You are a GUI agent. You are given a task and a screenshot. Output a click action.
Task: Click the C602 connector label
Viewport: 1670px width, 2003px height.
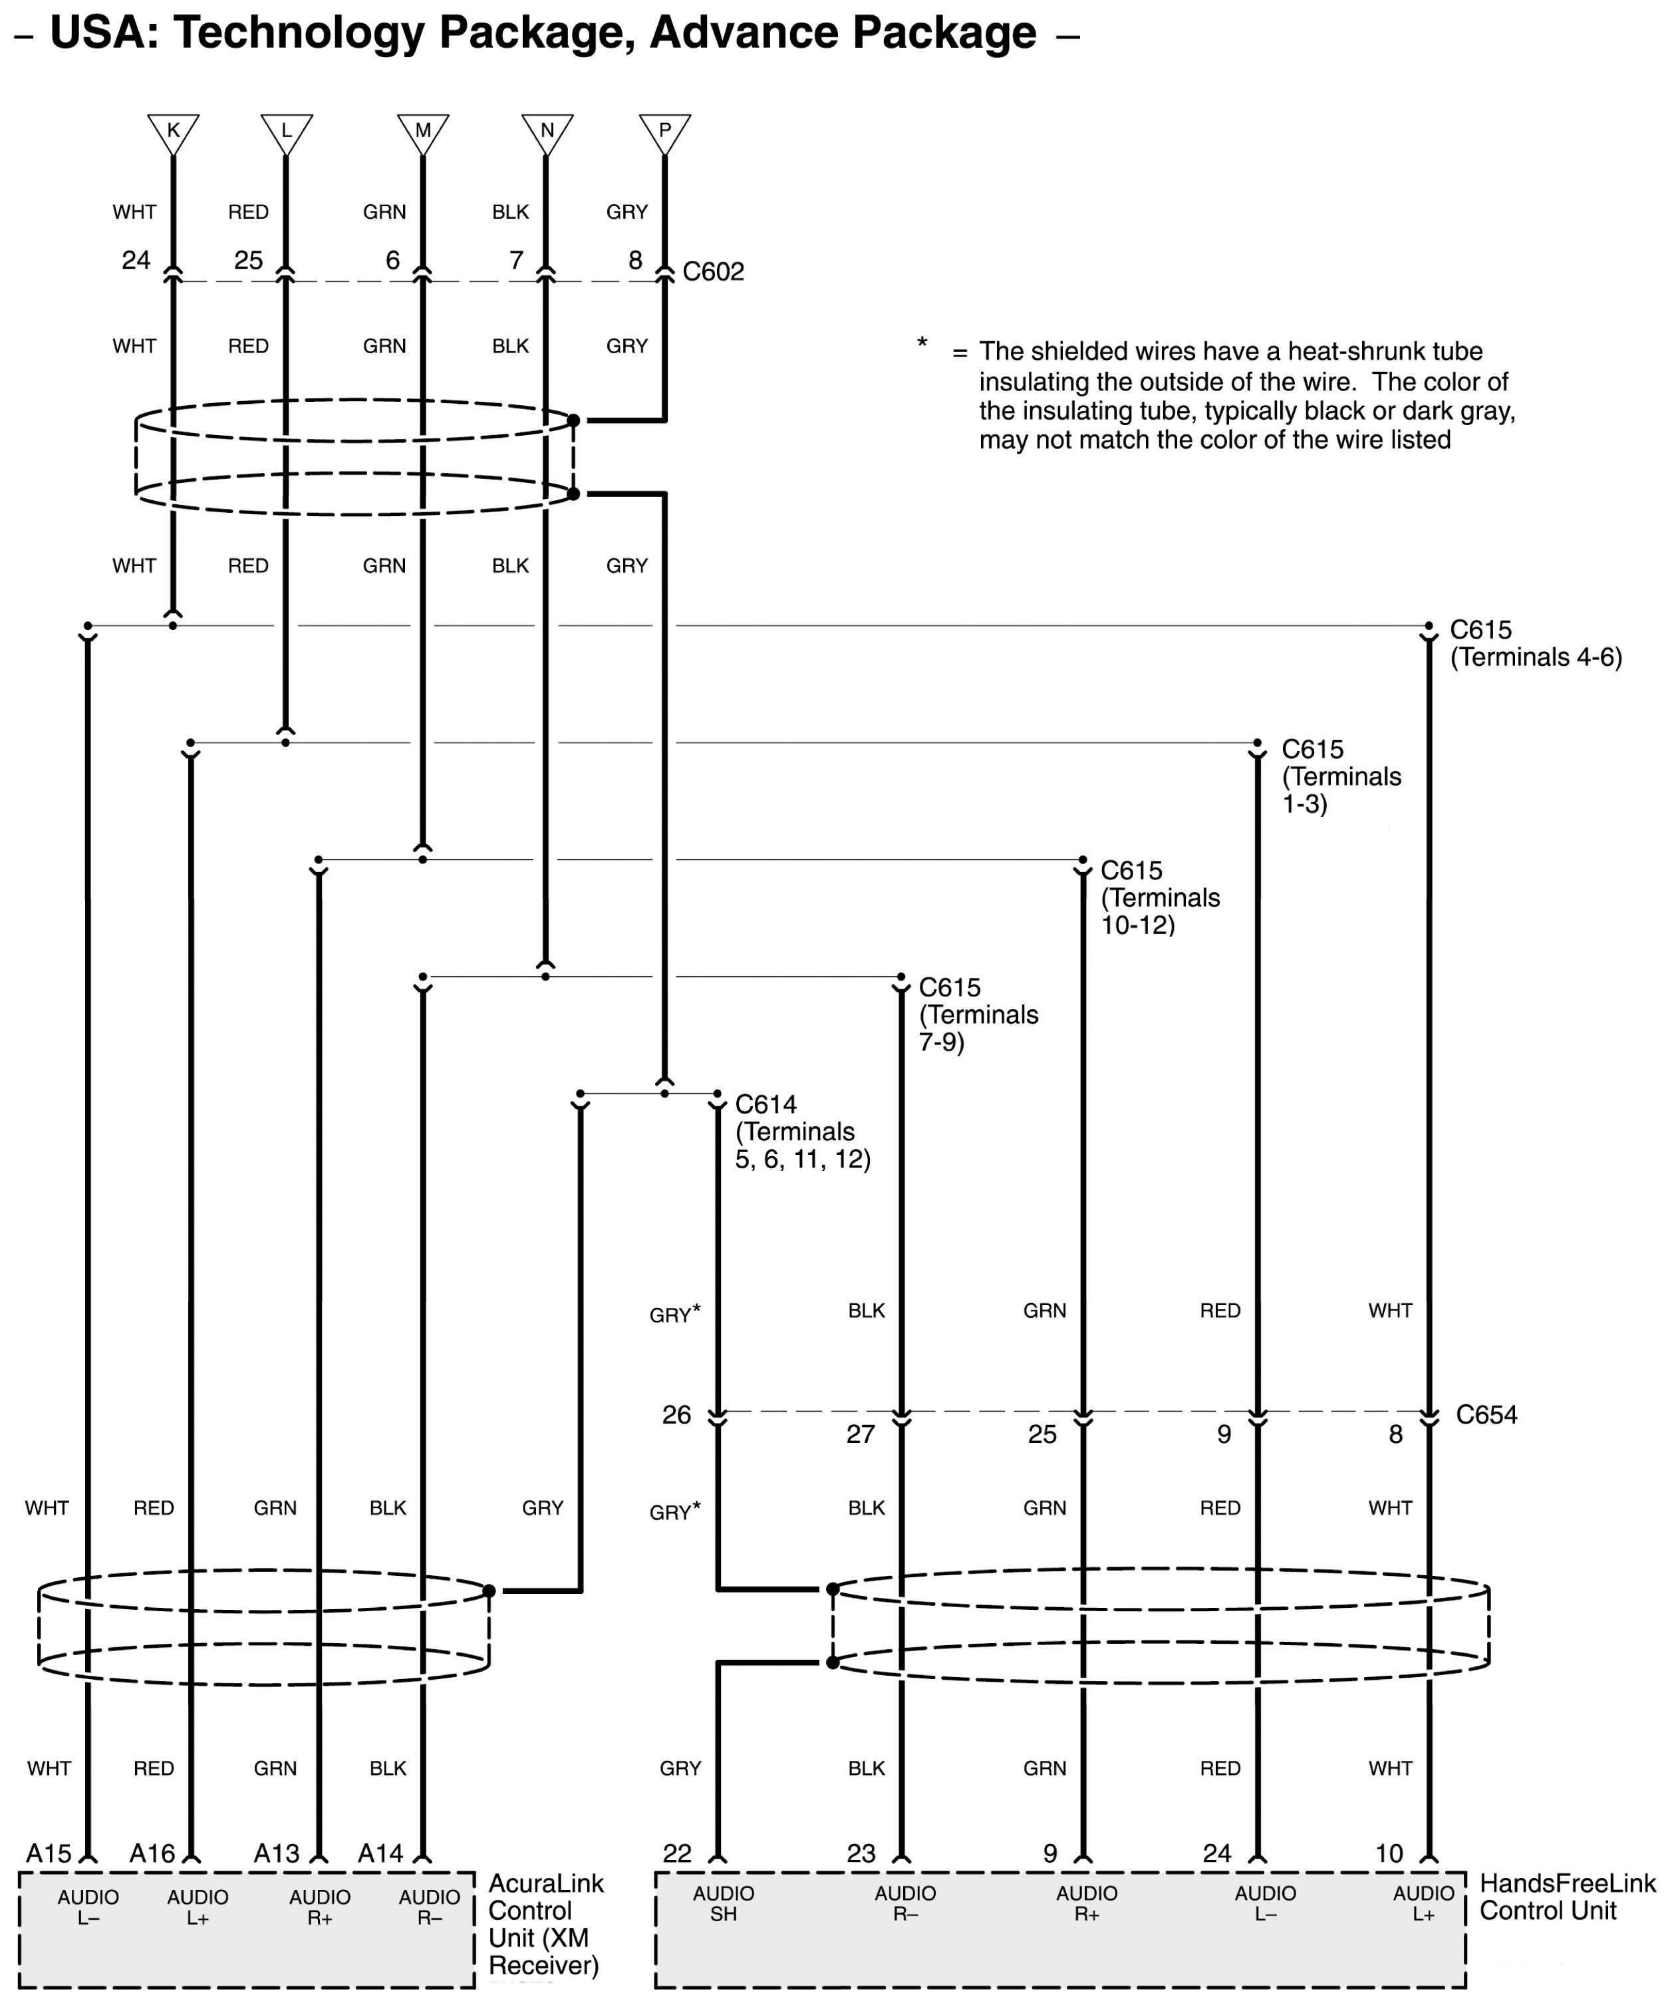click(x=714, y=272)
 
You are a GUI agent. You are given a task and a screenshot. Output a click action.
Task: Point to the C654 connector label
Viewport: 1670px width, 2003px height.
click(x=1486, y=1414)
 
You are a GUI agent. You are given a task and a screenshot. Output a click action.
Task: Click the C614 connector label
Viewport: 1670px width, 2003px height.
click(x=766, y=1104)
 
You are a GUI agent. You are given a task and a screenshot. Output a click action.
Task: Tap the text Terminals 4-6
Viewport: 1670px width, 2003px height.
click(x=1536, y=657)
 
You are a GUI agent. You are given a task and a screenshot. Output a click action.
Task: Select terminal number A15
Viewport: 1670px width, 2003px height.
click(x=49, y=1853)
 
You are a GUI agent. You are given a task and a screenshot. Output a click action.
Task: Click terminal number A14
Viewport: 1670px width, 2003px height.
click(x=380, y=1853)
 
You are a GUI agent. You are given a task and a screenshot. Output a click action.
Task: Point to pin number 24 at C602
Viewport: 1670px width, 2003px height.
click(x=136, y=259)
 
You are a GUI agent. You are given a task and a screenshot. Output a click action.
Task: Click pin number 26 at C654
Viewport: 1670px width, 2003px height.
click(x=676, y=1414)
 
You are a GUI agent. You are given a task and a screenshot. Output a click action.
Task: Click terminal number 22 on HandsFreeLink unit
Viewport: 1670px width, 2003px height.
click(x=677, y=1853)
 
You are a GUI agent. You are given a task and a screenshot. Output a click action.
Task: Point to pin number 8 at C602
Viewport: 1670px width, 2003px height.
click(x=635, y=259)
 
